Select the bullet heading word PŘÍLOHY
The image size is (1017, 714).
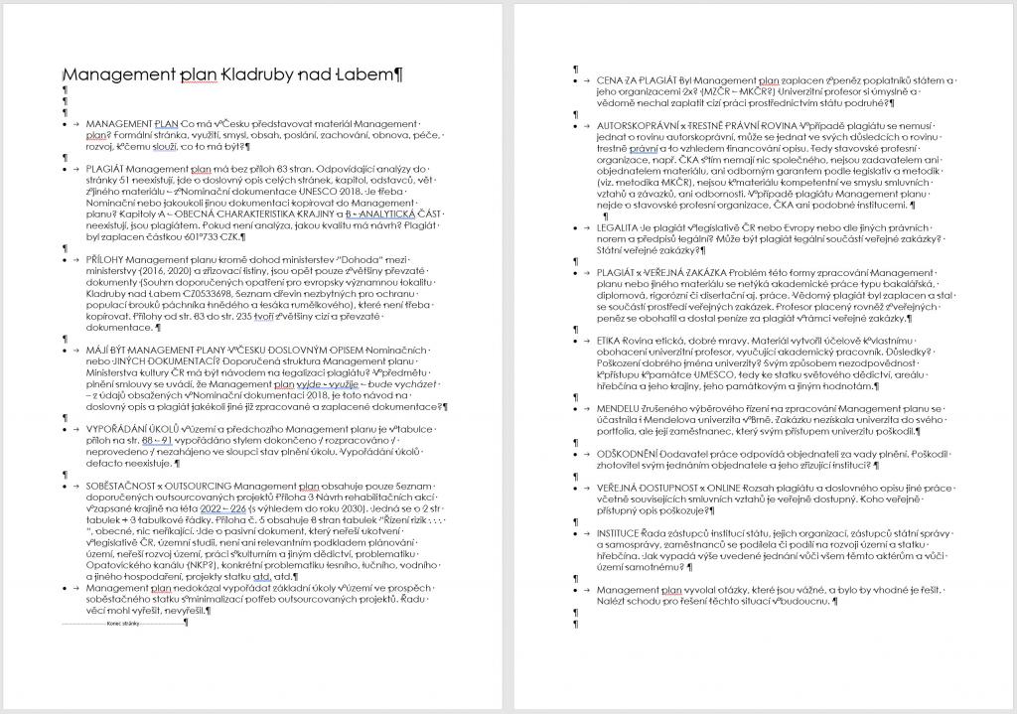[x=106, y=257]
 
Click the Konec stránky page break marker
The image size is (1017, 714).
[x=123, y=623]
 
